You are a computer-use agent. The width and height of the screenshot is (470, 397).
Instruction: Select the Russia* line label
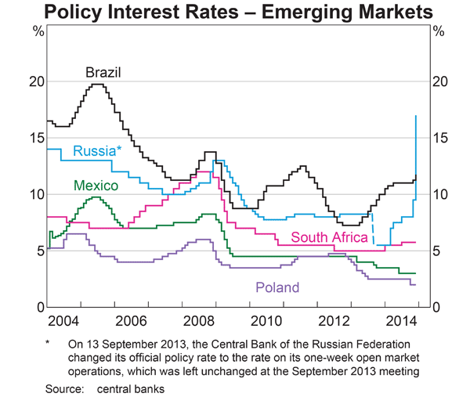pyautogui.click(x=97, y=150)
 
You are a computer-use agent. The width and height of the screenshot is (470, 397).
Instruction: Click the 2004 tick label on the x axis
pyautogui.click(x=63, y=321)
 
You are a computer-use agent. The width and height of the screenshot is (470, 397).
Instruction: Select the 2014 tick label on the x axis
pyautogui.click(x=403, y=321)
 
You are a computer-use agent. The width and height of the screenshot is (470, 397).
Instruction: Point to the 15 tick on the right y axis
pyautogui.click(x=440, y=138)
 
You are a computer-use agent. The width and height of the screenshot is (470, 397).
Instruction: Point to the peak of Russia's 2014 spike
pyautogui.click(x=415, y=116)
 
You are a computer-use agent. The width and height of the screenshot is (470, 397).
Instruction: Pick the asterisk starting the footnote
pyautogui.click(x=48, y=342)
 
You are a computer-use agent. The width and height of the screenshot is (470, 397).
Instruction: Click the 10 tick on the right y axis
pyautogui.click(x=440, y=194)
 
